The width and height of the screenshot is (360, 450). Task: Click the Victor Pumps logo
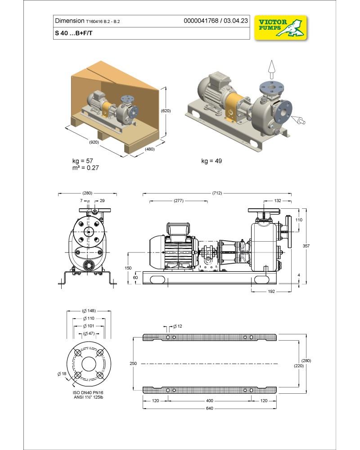click(280, 27)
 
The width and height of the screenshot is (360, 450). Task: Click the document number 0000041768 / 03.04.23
click(216, 21)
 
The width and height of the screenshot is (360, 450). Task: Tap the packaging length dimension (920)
click(94, 142)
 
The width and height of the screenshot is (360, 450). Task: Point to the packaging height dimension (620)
click(166, 110)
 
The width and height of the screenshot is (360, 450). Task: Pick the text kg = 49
click(212, 161)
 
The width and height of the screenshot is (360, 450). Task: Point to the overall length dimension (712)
click(216, 193)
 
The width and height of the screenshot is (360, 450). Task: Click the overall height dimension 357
click(307, 246)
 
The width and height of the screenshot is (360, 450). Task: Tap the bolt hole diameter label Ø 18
click(61, 374)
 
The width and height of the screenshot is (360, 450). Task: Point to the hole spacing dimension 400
click(210, 400)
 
